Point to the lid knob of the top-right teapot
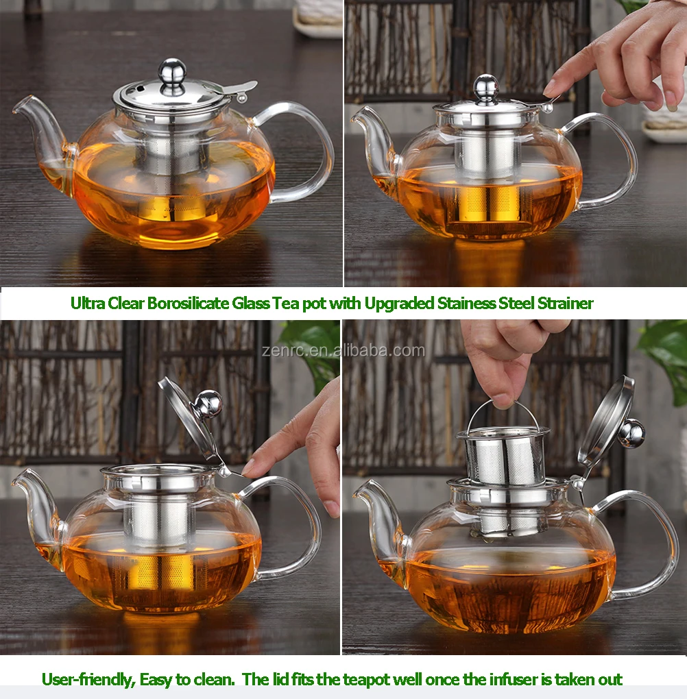pyautogui.click(x=485, y=86)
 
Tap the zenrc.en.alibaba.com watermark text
pyautogui.click(x=343, y=351)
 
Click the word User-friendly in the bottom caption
pyautogui.click(x=87, y=680)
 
